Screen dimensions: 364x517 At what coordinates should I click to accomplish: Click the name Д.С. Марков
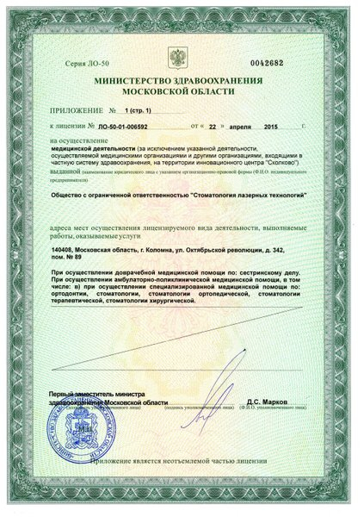coord(274,402)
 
